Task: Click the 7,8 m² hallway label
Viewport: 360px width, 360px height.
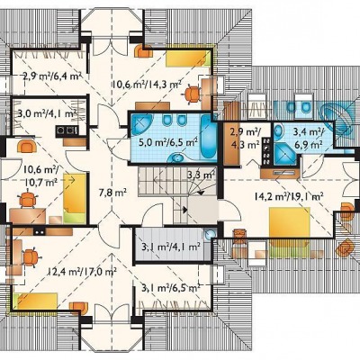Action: (x=112, y=192)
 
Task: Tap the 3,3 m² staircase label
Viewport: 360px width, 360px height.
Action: (x=201, y=175)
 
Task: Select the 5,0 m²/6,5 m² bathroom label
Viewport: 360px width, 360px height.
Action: (x=168, y=141)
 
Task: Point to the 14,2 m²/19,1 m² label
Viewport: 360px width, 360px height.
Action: (x=289, y=196)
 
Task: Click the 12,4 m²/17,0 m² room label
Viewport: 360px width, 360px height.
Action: (x=82, y=272)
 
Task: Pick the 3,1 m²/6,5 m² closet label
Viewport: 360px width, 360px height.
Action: (x=171, y=288)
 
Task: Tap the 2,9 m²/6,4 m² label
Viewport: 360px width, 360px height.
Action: (x=52, y=76)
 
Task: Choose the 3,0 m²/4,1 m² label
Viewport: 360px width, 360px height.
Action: (x=47, y=113)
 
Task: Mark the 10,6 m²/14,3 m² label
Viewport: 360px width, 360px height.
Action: (x=147, y=85)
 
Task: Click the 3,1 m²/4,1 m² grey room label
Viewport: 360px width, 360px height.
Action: (x=171, y=247)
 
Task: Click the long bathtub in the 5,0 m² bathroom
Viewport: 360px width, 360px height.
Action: (x=209, y=137)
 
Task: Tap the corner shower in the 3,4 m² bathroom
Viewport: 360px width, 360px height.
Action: (x=284, y=154)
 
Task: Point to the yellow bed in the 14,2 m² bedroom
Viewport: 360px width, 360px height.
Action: (x=290, y=223)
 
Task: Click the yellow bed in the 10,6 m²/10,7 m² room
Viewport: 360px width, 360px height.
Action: (x=75, y=198)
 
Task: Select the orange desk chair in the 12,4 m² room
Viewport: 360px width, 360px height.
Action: (x=31, y=257)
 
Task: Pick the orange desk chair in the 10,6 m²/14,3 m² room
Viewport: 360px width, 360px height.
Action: (x=193, y=94)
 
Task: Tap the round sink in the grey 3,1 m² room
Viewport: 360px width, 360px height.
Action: (x=211, y=235)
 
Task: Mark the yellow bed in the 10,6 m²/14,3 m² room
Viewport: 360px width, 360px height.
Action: (x=188, y=58)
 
